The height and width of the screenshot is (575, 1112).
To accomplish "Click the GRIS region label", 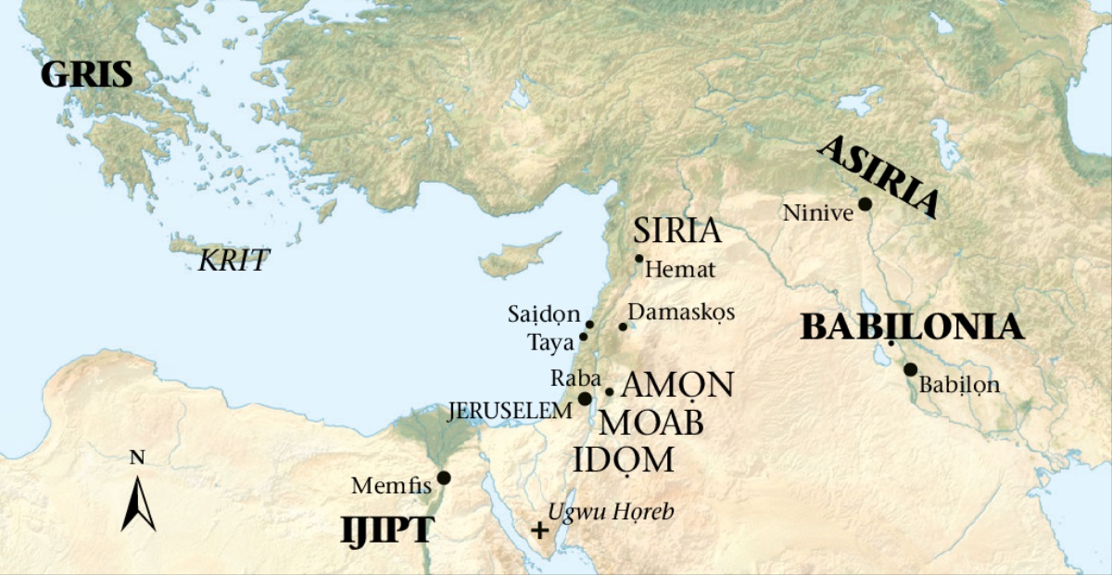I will click(x=86, y=75).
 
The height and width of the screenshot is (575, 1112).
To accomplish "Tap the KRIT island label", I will click(x=234, y=261).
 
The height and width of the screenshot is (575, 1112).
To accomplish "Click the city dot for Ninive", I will click(x=865, y=204).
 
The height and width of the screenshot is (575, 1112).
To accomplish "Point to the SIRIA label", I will click(x=676, y=231).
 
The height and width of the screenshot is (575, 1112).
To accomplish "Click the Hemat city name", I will click(x=680, y=271).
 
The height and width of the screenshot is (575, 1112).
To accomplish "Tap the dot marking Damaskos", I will click(x=624, y=326).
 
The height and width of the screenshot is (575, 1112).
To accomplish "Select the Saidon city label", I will click(x=543, y=313).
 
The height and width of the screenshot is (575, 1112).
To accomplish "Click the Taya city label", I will click(x=551, y=341).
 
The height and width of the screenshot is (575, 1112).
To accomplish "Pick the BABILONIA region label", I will click(x=912, y=327).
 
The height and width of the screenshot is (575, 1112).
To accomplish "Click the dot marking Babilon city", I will click(x=910, y=369).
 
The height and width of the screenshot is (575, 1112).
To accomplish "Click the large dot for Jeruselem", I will click(x=585, y=399).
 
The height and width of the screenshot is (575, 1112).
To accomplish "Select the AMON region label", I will click(x=677, y=385).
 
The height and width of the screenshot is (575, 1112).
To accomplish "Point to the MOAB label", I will click(x=651, y=423).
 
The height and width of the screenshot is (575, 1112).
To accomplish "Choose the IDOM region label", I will click(x=622, y=461).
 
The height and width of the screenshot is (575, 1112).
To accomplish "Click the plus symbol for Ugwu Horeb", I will click(x=537, y=531).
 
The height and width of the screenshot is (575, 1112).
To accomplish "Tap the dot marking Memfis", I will click(x=444, y=478).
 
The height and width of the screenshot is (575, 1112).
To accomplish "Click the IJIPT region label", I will click(x=387, y=530).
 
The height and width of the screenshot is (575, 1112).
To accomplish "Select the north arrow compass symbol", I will click(x=138, y=502).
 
